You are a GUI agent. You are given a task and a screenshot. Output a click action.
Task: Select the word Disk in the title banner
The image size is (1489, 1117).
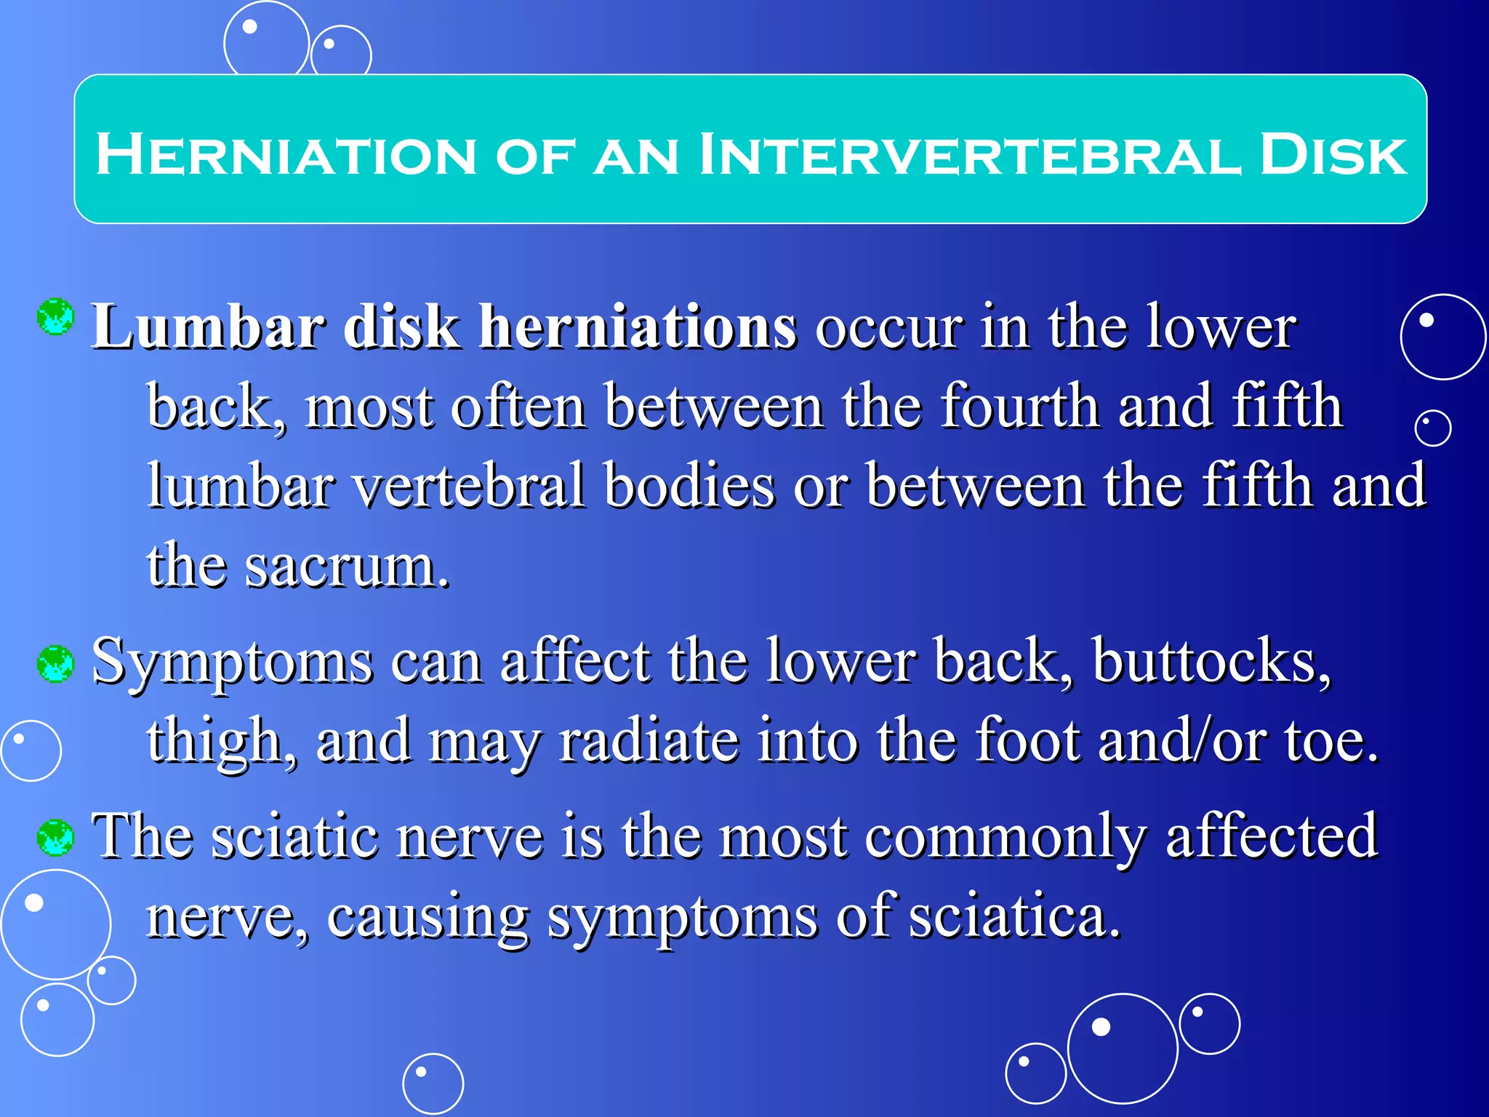[x=1333, y=155]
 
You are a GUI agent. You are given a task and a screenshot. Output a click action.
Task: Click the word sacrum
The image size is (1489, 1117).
[x=347, y=566]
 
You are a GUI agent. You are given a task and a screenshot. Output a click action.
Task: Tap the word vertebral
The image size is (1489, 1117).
[x=469, y=486]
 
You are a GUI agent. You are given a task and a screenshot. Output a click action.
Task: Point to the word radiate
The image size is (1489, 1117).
[x=649, y=740]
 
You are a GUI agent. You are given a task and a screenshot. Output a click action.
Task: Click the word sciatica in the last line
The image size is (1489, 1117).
[x=1014, y=916]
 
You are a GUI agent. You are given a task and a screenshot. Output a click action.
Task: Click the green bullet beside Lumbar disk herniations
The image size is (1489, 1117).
[x=56, y=317]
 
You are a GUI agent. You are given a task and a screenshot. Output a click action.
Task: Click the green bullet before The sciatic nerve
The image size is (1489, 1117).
[x=56, y=837]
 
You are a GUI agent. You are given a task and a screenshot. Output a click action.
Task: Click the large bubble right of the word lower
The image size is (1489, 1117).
[x=1442, y=337]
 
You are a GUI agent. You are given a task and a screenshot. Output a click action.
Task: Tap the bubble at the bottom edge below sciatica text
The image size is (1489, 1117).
[x=433, y=1084]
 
